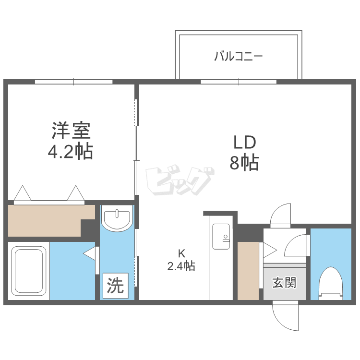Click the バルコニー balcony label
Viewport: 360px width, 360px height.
(238, 57)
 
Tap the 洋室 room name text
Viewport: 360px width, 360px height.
(71, 130)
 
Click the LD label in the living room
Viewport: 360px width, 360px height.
(245, 142)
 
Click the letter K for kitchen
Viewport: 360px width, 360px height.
(181, 253)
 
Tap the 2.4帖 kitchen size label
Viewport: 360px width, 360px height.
(181, 265)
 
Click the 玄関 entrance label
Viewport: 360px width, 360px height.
(284, 283)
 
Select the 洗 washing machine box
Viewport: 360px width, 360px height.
(115, 286)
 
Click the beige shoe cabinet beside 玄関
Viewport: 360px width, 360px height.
(248, 271)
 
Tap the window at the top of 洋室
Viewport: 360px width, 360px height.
(74, 82)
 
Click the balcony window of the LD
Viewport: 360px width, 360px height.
(239, 82)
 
